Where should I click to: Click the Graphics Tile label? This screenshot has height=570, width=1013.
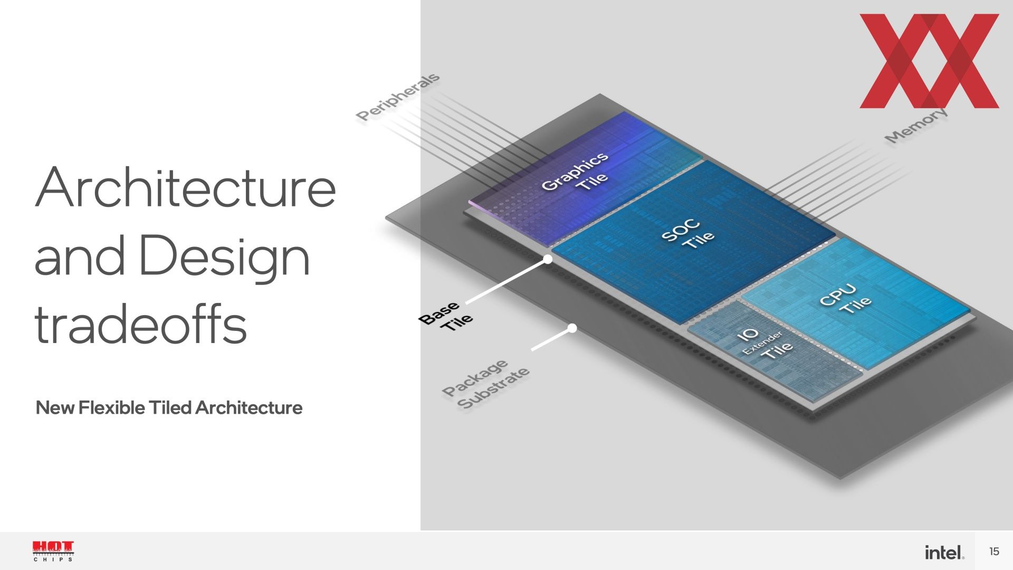tap(575, 172)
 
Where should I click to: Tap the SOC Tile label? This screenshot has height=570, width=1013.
tap(687, 233)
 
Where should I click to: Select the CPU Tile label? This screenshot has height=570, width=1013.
tap(845, 299)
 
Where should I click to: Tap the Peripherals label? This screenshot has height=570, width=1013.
tap(397, 97)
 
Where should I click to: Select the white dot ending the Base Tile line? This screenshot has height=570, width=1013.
tap(548, 259)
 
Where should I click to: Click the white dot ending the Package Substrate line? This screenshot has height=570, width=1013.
tap(572, 328)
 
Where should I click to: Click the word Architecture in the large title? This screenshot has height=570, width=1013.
tap(185, 187)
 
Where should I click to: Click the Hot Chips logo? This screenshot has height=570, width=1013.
tap(53, 551)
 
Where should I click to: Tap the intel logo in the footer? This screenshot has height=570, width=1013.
tap(944, 552)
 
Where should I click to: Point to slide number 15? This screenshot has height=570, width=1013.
tap(994, 552)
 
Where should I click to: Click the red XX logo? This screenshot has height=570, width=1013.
tap(929, 61)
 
